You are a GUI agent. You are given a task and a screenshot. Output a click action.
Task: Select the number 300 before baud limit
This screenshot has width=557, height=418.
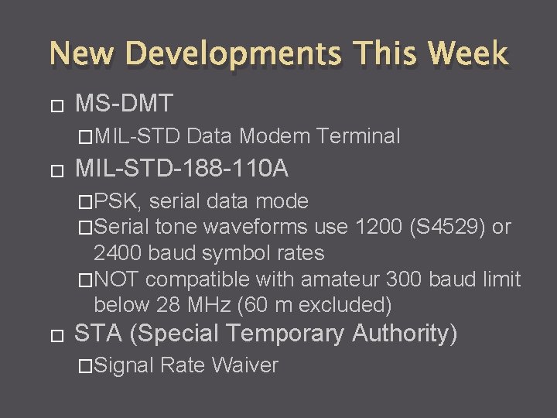tap(402, 279)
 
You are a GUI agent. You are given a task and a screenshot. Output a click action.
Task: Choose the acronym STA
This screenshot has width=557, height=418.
tap(98, 334)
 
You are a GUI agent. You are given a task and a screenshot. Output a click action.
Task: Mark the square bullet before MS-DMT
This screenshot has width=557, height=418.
tap(53, 104)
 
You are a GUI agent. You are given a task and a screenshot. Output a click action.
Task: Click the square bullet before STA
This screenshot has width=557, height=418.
tap(53, 336)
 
